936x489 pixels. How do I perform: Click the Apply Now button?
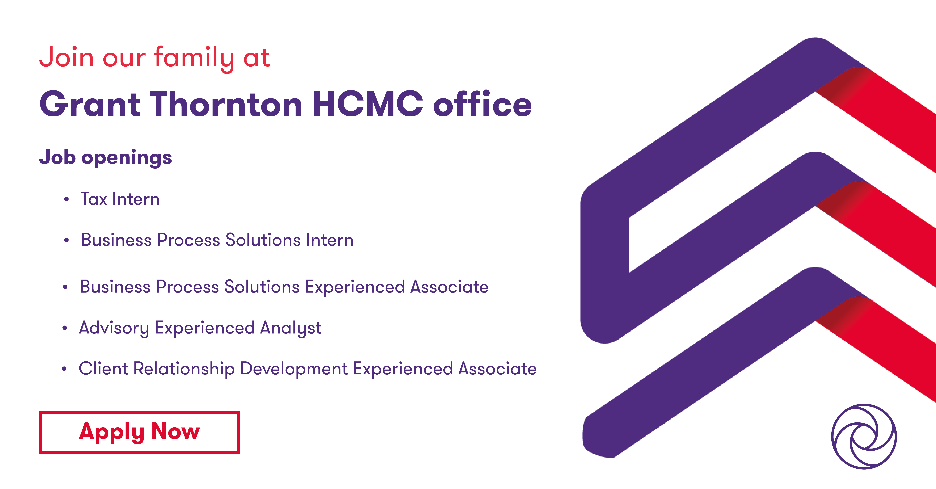(x=139, y=432)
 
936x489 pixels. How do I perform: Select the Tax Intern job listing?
(x=120, y=199)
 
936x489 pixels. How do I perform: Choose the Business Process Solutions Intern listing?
(x=217, y=240)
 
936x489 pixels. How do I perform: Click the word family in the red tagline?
(x=194, y=58)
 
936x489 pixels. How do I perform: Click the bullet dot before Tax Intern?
(x=66, y=200)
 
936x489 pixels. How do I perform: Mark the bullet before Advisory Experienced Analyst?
(x=65, y=328)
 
